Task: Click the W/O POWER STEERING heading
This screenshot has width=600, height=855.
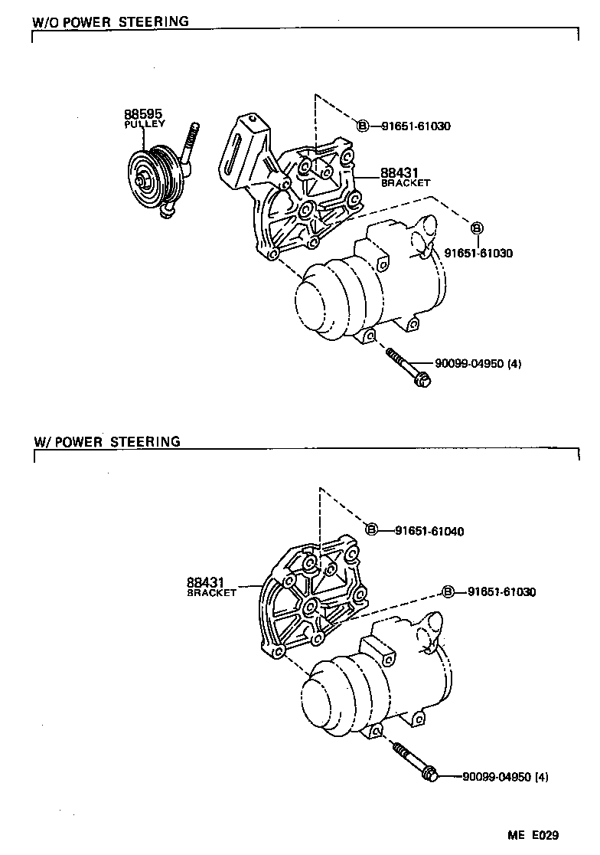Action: pyautogui.click(x=110, y=21)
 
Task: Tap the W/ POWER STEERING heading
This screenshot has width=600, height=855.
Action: pyautogui.click(x=106, y=441)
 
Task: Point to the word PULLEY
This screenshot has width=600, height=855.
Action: pyautogui.click(x=145, y=123)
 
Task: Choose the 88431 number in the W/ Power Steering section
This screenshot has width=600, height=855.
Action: pyautogui.click(x=204, y=583)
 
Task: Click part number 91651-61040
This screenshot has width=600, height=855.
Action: pyautogui.click(x=430, y=531)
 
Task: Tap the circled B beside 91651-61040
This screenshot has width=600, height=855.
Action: pyautogui.click(x=372, y=530)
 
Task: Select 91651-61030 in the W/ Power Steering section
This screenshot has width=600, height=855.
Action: pyautogui.click(x=501, y=591)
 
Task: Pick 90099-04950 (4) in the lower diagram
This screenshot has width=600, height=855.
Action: pyautogui.click(x=505, y=777)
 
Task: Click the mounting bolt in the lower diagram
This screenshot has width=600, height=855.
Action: pyautogui.click(x=417, y=762)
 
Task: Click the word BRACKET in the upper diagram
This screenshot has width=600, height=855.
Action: pyautogui.click(x=406, y=184)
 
